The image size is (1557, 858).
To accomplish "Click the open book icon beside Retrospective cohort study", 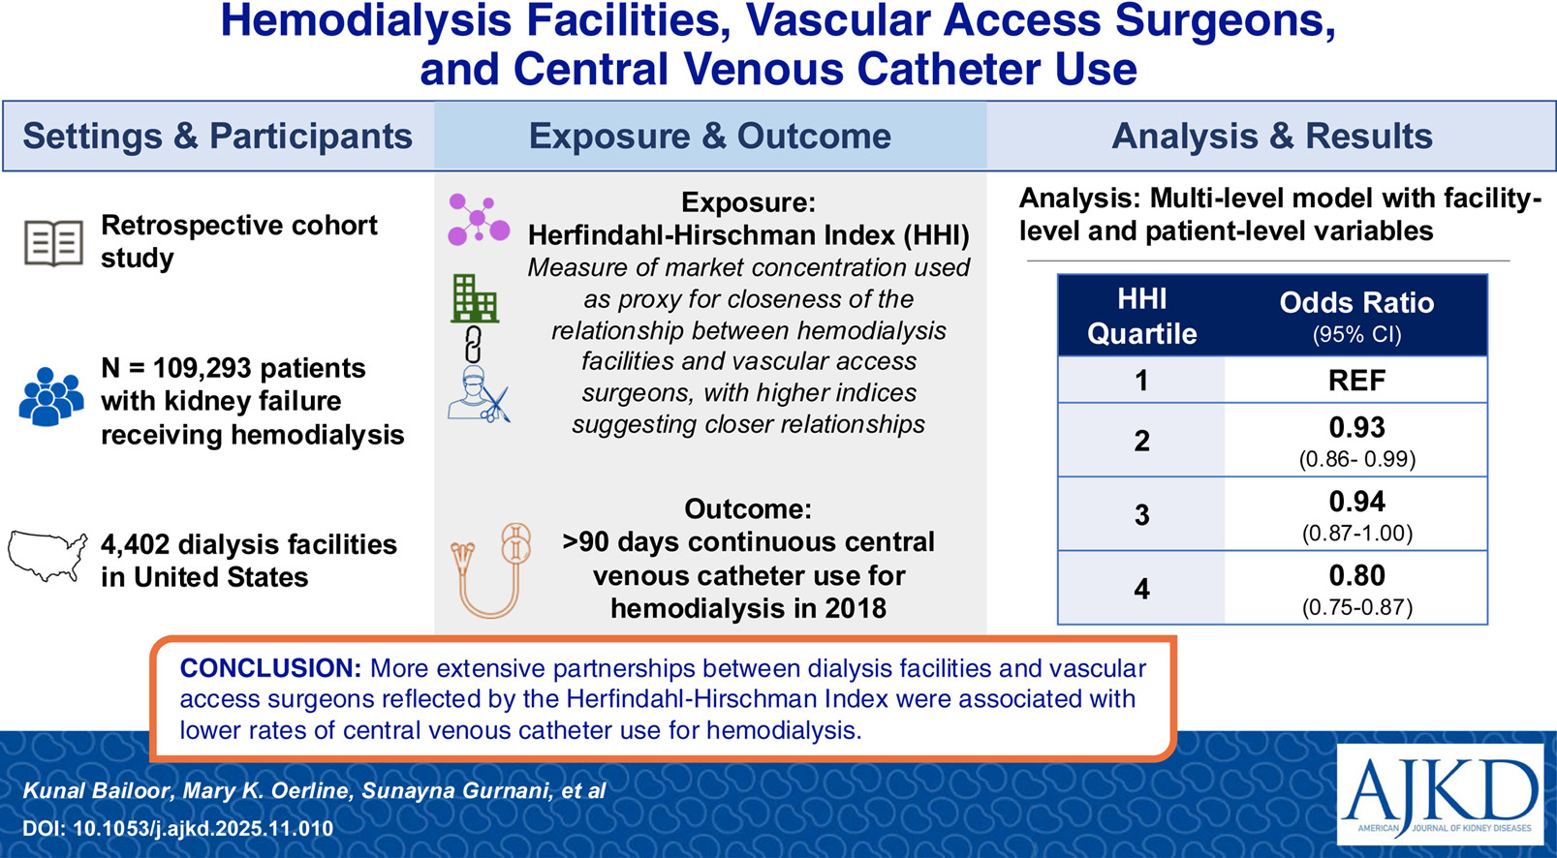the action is click(x=53, y=242).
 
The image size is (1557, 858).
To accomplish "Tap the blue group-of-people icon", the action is click(x=50, y=397).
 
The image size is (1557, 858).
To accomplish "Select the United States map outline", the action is click(x=47, y=557).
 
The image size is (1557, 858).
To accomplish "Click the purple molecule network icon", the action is click(x=479, y=219).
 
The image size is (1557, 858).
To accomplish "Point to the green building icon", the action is click(x=476, y=298).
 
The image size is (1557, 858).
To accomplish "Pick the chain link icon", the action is click(x=474, y=344).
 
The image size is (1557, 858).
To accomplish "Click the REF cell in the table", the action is click(x=1356, y=380).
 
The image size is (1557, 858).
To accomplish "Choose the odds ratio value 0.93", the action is click(x=1356, y=427).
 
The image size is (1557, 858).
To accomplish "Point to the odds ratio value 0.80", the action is click(x=1356, y=575).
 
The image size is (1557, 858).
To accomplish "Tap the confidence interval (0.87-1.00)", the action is click(x=1356, y=533).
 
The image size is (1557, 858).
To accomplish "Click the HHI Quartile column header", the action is click(x=1141, y=317).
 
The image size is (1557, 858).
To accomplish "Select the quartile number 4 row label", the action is click(x=1141, y=589).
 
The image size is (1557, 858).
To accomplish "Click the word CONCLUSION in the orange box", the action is click(x=270, y=668).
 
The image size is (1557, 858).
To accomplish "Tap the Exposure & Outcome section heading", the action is click(x=709, y=137).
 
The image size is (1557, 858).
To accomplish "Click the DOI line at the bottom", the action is click(x=178, y=828).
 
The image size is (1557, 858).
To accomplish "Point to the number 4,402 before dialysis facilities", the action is click(x=135, y=544).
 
